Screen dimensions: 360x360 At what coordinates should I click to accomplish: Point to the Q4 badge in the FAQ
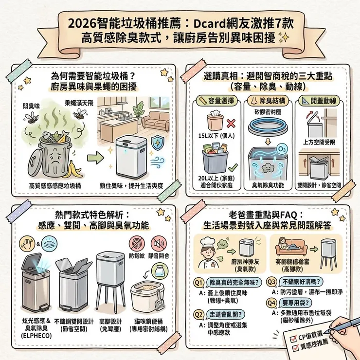click(273, 301)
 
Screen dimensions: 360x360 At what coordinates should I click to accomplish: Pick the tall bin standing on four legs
click(109, 280)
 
